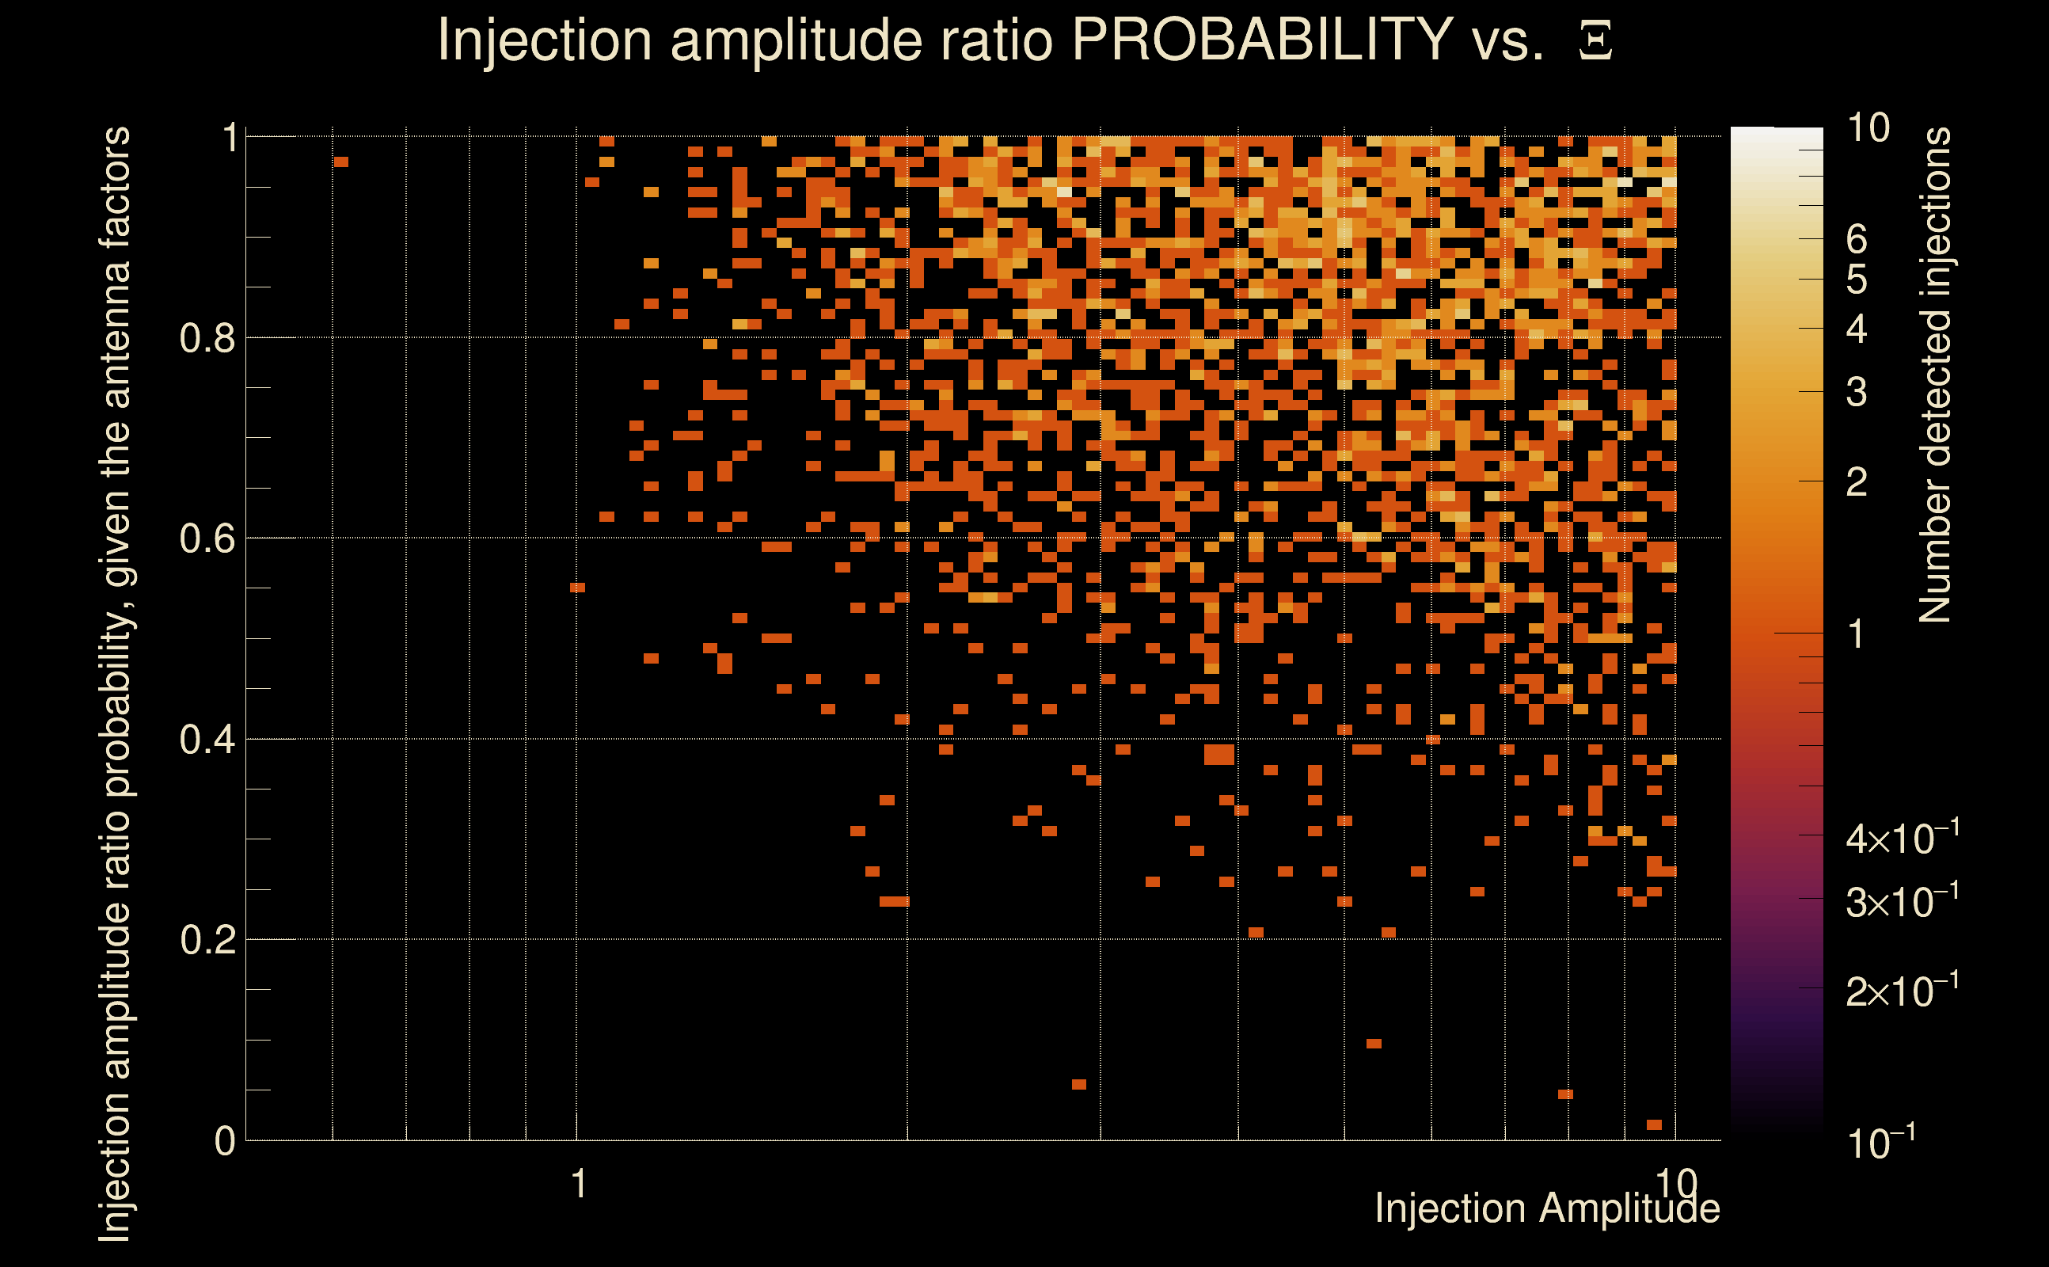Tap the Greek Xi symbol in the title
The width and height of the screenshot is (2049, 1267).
click(1595, 41)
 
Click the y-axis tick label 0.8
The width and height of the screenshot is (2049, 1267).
click(208, 339)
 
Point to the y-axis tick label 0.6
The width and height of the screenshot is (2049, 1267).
click(208, 538)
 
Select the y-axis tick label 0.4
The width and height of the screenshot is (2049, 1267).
click(208, 740)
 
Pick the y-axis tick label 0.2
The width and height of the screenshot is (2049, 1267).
click(208, 940)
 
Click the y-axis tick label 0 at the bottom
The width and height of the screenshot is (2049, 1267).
click(225, 1141)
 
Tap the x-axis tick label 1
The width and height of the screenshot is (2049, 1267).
click(578, 1185)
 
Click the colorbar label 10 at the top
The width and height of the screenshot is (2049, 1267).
click(1868, 128)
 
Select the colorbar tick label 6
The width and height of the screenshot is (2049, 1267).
click(1857, 240)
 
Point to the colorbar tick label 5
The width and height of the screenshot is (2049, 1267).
click(1857, 280)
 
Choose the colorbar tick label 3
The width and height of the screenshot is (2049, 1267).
click(1857, 392)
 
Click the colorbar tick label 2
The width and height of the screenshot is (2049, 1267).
click(1857, 483)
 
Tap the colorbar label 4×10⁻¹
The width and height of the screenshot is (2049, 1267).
click(1902, 838)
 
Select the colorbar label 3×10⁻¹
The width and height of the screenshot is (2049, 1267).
click(1902, 901)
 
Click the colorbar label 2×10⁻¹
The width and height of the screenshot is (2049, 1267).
click(1902, 991)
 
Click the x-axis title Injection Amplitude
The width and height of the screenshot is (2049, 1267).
click(1547, 1209)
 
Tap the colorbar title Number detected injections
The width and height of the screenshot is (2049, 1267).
click(1935, 375)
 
